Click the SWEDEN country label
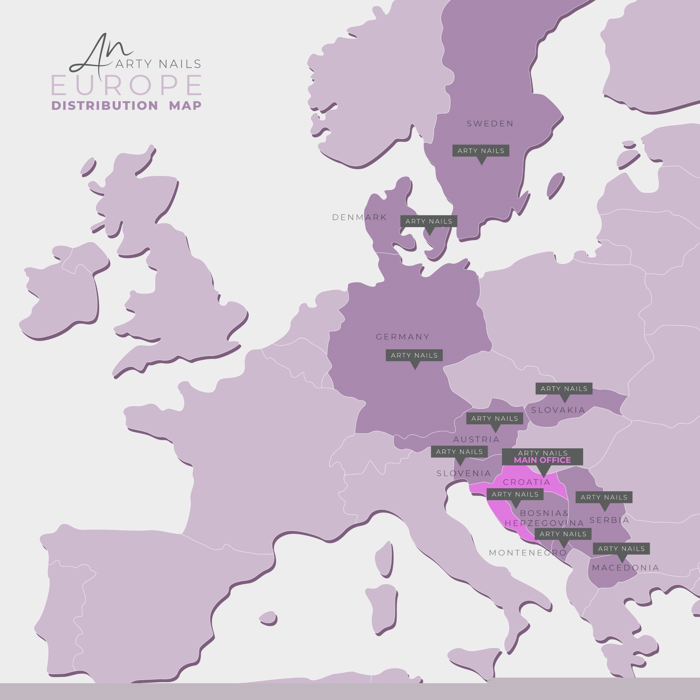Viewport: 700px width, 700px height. click(490, 124)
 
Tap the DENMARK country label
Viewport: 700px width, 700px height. click(359, 217)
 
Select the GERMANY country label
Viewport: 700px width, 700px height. click(402, 337)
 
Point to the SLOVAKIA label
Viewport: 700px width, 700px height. click(558, 410)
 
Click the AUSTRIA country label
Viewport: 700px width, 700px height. click(476, 440)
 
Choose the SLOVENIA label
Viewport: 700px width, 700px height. click(464, 473)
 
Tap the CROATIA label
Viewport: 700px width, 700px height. click(527, 482)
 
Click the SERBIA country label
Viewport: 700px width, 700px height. click(609, 520)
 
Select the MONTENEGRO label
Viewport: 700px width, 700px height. click(527, 553)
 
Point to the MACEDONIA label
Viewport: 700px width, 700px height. click(626, 568)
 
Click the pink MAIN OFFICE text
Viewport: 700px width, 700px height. click(542, 461)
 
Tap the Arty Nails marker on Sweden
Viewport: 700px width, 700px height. click(481, 151)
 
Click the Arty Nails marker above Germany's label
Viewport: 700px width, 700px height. click(414, 356)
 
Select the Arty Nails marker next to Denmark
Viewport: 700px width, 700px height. click(429, 222)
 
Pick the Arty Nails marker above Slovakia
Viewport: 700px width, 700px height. click(564, 389)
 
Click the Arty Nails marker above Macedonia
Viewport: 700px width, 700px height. click(621, 549)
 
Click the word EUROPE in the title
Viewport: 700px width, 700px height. click(126, 85)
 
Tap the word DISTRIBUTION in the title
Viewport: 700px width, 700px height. click(105, 106)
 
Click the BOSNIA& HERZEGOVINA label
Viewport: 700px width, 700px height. click(544, 518)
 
